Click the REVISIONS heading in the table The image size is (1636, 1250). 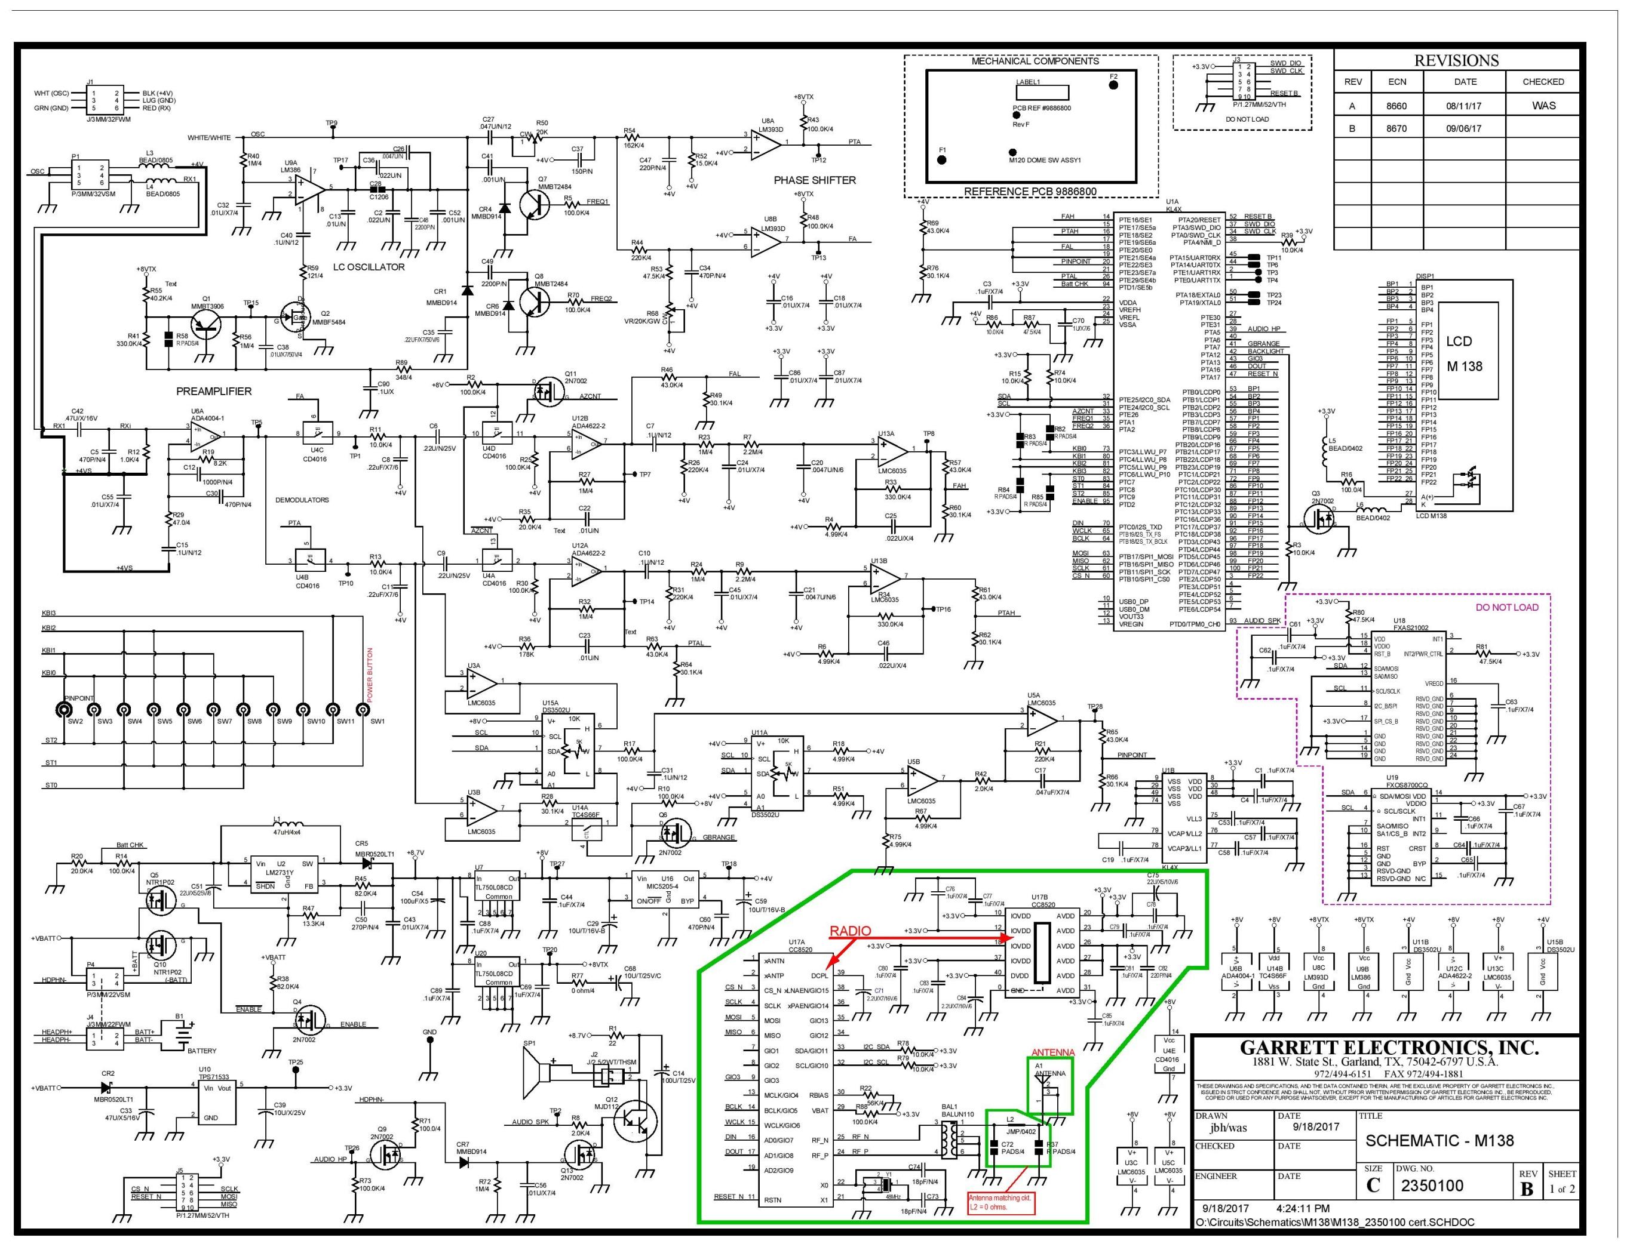(x=1456, y=60)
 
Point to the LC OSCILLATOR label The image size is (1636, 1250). (x=369, y=266)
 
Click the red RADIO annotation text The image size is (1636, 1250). (x=850, y=931)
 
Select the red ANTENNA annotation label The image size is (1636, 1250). (x=1052, y=1052)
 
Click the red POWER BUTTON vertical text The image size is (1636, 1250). (x=370, y=675)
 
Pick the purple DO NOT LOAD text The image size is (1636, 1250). (x=1506, y=606)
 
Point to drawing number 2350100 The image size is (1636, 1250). (x=1432, y=1186)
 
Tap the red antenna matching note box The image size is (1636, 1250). (x=1000, y=1203)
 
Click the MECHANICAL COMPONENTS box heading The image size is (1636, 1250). (x=1035, y=61)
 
